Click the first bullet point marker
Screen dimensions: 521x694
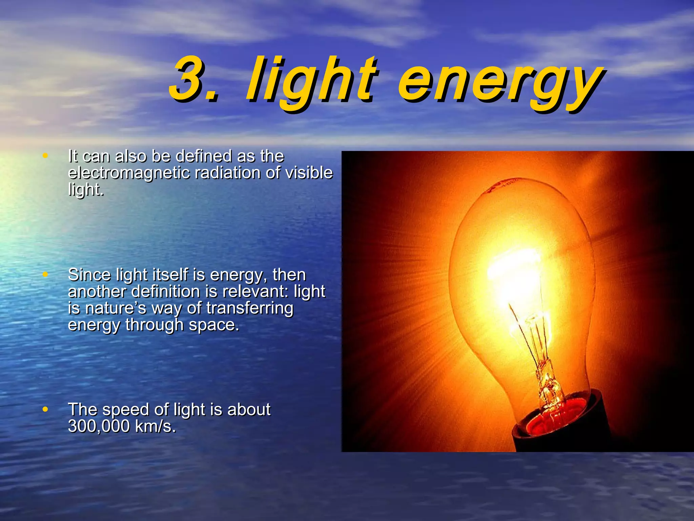pos(45,156)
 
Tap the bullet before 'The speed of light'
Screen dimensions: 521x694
pos(45,409)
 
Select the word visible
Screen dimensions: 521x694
pos(309,173)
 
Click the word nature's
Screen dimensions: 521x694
pos(116,308)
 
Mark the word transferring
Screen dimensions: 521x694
pos(250,308)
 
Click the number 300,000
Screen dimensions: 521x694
pos(99,426)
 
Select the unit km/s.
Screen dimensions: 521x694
pos(155,426)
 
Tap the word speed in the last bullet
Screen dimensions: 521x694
pos(126,410)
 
